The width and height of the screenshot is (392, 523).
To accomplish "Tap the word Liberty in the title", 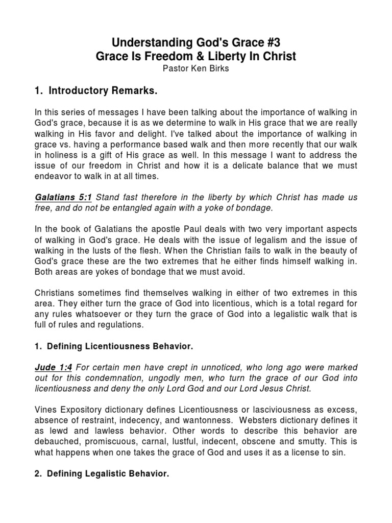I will pos(231,56).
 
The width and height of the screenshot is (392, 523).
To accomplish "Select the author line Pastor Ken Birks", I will pos(196,69).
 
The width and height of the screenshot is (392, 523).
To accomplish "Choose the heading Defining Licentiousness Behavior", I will pos(120,347).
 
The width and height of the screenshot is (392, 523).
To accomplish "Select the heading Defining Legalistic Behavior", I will pos(108,474).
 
